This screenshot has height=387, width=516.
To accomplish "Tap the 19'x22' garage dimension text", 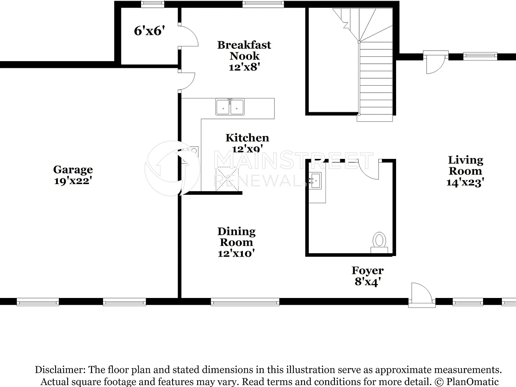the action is coord(73,181).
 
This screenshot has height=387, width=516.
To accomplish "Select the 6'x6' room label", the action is coord(149,31).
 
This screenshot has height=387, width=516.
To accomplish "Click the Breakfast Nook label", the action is coord(244,50).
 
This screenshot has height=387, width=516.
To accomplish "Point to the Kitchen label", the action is coord(247,138).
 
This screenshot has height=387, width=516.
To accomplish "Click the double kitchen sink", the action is coord(230,107).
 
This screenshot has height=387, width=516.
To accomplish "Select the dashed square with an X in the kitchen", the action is coord(227,179).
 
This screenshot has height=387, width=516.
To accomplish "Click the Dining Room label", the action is coord(236,237).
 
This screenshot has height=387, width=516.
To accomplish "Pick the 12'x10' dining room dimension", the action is coord(236,254).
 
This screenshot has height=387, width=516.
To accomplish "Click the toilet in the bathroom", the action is coord(379,243).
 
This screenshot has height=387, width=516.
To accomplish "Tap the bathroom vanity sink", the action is coord(315,180).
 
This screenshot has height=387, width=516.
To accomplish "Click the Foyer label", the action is coord(368,271).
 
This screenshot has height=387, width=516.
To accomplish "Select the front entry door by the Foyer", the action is coord(422,295).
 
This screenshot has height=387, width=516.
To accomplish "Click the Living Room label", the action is coord(466,165).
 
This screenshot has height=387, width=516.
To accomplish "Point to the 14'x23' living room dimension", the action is coord(466,182).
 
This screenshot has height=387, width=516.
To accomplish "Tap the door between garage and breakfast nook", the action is coord(187,81).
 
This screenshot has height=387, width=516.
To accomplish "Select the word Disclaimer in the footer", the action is coord(60,370).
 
